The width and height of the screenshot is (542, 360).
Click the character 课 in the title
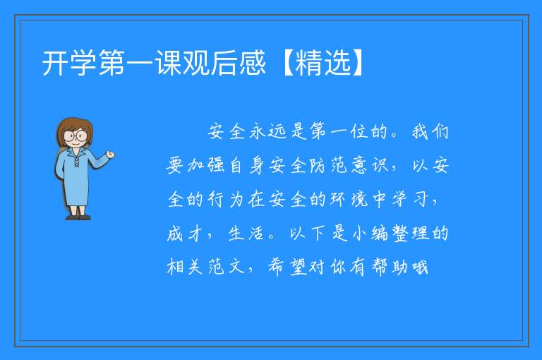click(168, 63)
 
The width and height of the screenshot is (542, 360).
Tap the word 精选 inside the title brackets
click(323, 63)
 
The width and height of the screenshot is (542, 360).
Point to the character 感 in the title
click(253, 63)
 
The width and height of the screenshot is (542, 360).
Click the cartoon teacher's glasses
click(76, 135)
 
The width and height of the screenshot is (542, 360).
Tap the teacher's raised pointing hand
click(110, 155)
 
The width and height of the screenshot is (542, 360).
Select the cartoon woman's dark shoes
click(78, 217)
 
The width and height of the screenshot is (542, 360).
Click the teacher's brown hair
click(74, 130)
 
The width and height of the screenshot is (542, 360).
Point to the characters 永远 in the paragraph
click(268, 132)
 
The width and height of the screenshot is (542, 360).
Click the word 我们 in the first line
click(430, 132)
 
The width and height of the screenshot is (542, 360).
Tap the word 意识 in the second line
click(370, 166)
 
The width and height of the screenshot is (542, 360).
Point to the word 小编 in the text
click(370, 234)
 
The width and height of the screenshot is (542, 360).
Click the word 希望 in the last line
click(288, 268)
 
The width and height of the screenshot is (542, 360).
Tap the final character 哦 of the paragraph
click(419, 268)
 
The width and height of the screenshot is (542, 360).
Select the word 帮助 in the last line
click(390, 268)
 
